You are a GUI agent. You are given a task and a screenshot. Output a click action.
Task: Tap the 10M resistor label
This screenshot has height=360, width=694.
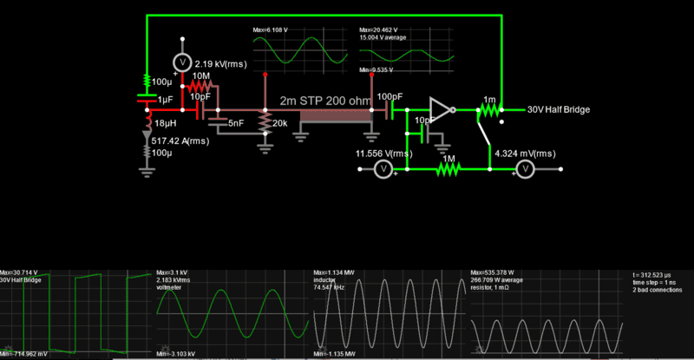coord(200,77)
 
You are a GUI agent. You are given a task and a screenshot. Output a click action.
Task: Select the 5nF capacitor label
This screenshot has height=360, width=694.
coord(235,124)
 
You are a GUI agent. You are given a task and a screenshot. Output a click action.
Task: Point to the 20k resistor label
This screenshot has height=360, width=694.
coord(279,124)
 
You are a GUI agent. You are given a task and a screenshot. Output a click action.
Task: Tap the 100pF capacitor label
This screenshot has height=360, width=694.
coord(390,96)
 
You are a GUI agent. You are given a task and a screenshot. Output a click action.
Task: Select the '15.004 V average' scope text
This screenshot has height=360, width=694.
coord(383,37)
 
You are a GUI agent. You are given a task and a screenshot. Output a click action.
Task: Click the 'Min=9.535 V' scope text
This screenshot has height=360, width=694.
coord(378,69)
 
